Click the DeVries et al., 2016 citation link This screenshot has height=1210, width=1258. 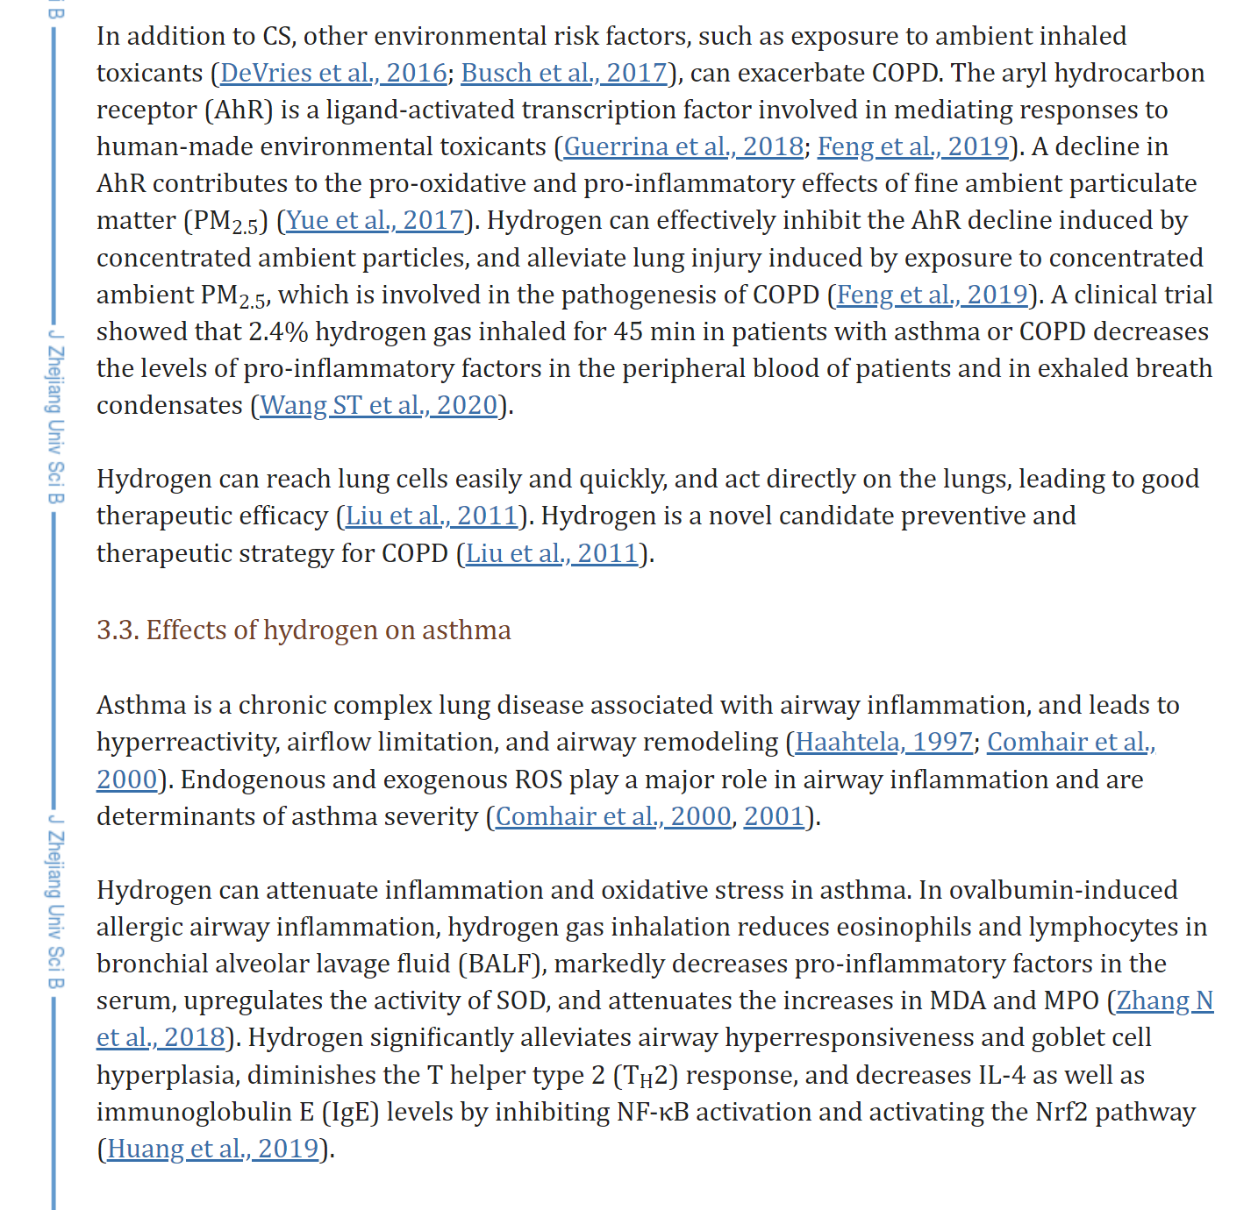click(333, 73)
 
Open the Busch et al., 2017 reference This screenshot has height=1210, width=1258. click(564, 73)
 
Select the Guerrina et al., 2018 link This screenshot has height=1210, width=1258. click(683, 146)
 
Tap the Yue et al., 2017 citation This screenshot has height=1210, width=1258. click(375, 220)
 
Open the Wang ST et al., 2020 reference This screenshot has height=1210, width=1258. click(379, 405)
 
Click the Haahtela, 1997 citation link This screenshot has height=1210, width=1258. click(883, 743)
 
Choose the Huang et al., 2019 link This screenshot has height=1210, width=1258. click(212, 1149)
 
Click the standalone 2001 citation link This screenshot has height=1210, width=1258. click(774, 816)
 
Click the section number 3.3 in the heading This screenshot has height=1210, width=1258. click(118, 630)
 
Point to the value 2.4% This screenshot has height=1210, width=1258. click(277, 331)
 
